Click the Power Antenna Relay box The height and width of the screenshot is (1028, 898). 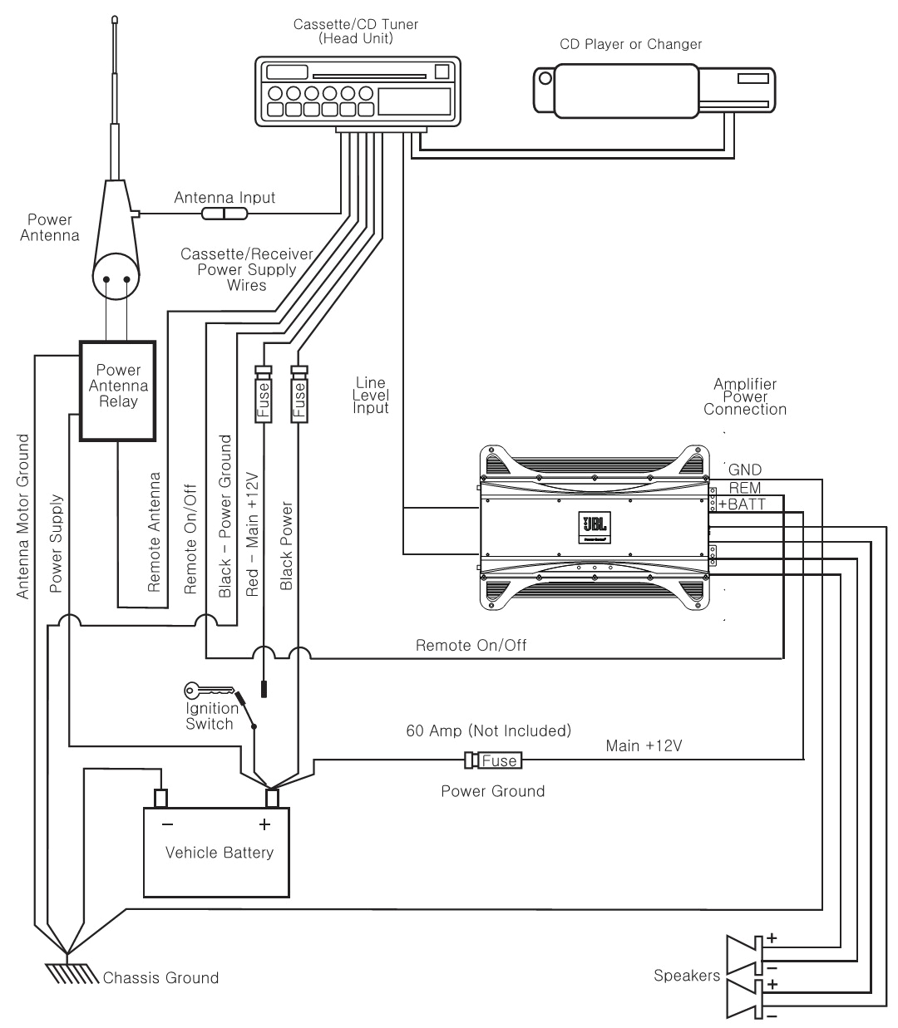click(117, 389)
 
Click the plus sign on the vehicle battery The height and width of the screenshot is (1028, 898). click(264, 824)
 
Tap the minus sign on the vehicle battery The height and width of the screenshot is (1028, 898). click(167, 824)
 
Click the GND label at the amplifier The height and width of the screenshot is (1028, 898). click(744, 470)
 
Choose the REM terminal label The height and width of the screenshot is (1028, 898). click(744, 488)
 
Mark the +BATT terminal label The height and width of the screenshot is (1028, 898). click(742, 504)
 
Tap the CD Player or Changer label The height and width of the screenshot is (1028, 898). click(630, 44)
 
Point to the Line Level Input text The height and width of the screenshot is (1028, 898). click(371, 396)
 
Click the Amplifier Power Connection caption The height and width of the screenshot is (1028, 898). click(745, 396)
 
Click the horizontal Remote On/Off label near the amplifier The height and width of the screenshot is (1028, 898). click(471, 645)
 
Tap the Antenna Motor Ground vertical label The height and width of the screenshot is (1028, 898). click(23, 515)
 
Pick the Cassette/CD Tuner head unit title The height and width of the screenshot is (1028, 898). click(355, 31)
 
